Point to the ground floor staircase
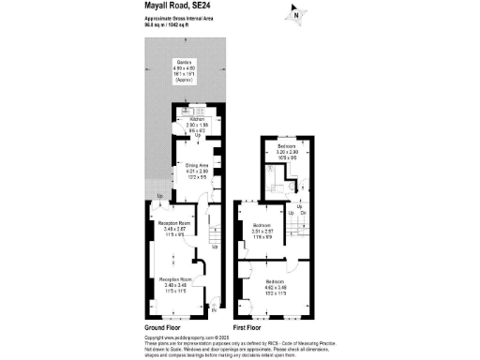(215, 229)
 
